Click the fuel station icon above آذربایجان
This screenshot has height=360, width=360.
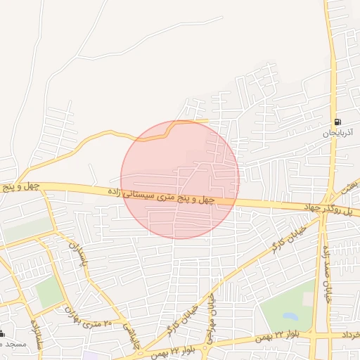pos(338,121)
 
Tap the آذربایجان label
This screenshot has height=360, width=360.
pos(337,132)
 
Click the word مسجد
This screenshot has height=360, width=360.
pos(16,343)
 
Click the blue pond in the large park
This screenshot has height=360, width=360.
pos(291,314)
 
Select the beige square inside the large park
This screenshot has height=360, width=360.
pos(307,298)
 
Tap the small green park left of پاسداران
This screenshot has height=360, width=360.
pos(49,292)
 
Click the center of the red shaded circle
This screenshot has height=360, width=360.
pos(180,180)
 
